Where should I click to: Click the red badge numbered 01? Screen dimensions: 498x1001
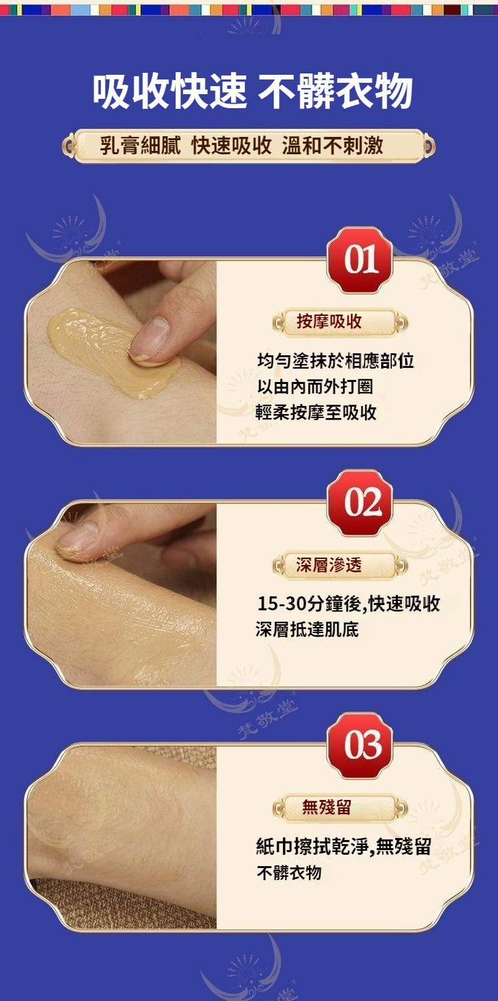click(360, 260)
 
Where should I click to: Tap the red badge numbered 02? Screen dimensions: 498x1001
click(360, 503)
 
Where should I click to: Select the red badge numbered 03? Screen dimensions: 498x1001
click(360, 745)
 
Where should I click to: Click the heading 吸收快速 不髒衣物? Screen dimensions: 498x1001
click(252, 91)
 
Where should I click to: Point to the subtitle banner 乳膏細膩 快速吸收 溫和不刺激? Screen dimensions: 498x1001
click(248, 146)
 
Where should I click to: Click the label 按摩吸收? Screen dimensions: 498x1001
click(329, 321)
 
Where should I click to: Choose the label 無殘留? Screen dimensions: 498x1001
click(326, 807)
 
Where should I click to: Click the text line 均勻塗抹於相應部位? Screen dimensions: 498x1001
click(336, 361)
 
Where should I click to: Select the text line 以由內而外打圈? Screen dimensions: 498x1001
click(314, 387)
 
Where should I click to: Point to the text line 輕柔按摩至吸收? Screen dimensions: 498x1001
click(316, 412)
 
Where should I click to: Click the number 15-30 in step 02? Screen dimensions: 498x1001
click(282, 604)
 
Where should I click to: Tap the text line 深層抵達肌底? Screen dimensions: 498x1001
click(307, 629)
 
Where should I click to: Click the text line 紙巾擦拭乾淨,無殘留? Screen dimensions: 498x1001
click(344, 846)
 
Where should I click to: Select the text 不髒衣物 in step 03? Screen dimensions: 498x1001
click(290, 872)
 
